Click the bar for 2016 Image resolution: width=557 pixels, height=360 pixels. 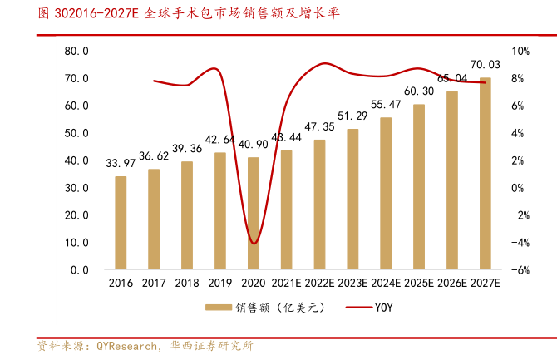(x=121, y=223)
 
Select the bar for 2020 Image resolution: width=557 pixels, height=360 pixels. (x=254, y=214)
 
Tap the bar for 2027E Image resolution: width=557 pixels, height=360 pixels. (x=486, y=174)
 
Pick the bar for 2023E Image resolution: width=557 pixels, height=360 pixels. (x=352, y=200)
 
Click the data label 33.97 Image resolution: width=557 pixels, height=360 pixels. (x=121, y=164)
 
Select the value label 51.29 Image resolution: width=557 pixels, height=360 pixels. (x=352, y=116)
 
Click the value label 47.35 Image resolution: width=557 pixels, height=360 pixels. (x=320, y=126)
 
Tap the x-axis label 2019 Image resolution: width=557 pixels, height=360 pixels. (x=220, y=284)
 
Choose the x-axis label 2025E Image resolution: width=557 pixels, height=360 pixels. (x=419, y=284)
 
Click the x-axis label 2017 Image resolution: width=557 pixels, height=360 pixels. (x=154, y=284)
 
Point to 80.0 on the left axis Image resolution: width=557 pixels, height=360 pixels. (x=77, y=52)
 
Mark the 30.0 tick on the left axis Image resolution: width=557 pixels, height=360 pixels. (x=77, y=188)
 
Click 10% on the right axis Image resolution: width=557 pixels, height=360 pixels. (x=520, y=52)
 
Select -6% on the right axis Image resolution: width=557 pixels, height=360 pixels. (x=520, y=270)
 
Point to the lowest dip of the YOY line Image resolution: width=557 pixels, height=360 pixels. (x=254, y=243)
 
